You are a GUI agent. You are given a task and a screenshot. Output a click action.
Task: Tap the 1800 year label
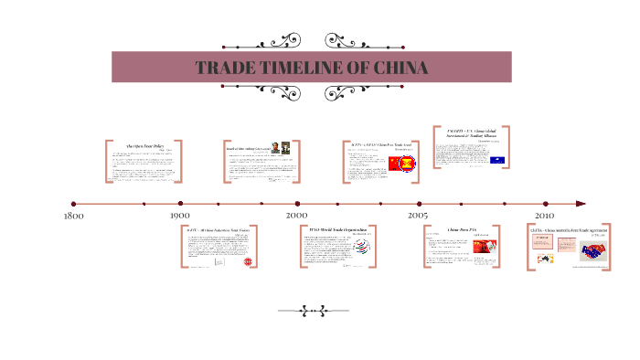[73, 217]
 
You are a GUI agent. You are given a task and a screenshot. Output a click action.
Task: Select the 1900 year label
[180, 217]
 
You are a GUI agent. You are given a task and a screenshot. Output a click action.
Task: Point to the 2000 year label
[295, 216]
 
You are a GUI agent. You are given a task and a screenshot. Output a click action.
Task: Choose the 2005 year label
[418, 216]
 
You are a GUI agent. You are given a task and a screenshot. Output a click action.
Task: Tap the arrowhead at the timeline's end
[581, 204]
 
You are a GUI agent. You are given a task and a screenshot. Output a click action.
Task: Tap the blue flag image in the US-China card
[498, 159]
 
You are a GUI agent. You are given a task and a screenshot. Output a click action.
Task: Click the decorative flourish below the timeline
[319, 311]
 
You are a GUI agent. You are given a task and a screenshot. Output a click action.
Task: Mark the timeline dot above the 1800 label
[73, 204]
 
